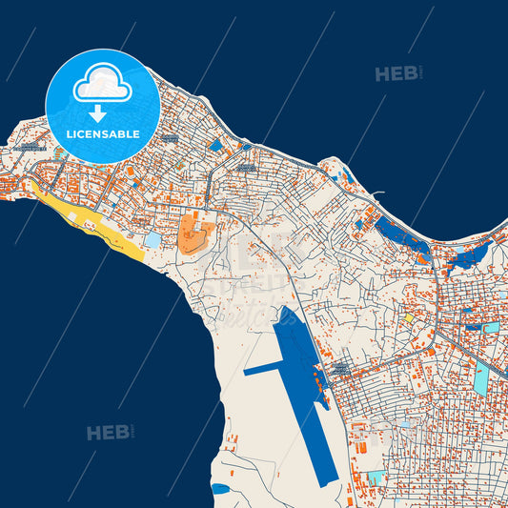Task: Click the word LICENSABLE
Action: point(103,134)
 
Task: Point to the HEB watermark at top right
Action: point(397,73)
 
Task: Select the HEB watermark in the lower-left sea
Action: point(110,433)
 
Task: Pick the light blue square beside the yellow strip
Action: point(152,240)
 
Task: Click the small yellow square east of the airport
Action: point(409,318)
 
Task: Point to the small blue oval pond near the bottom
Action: point(220,488)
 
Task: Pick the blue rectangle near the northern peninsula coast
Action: point(216,145)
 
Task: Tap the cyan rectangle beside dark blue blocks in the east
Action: point(491,328)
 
